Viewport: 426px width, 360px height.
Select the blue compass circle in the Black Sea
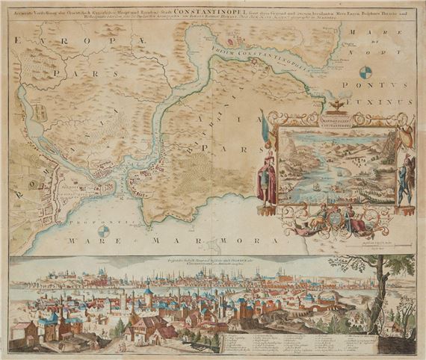(x=365, y=72)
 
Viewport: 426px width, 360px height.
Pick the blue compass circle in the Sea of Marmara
(x=104, y=232)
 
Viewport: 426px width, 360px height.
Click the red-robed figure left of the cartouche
(x=267, y=179)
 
